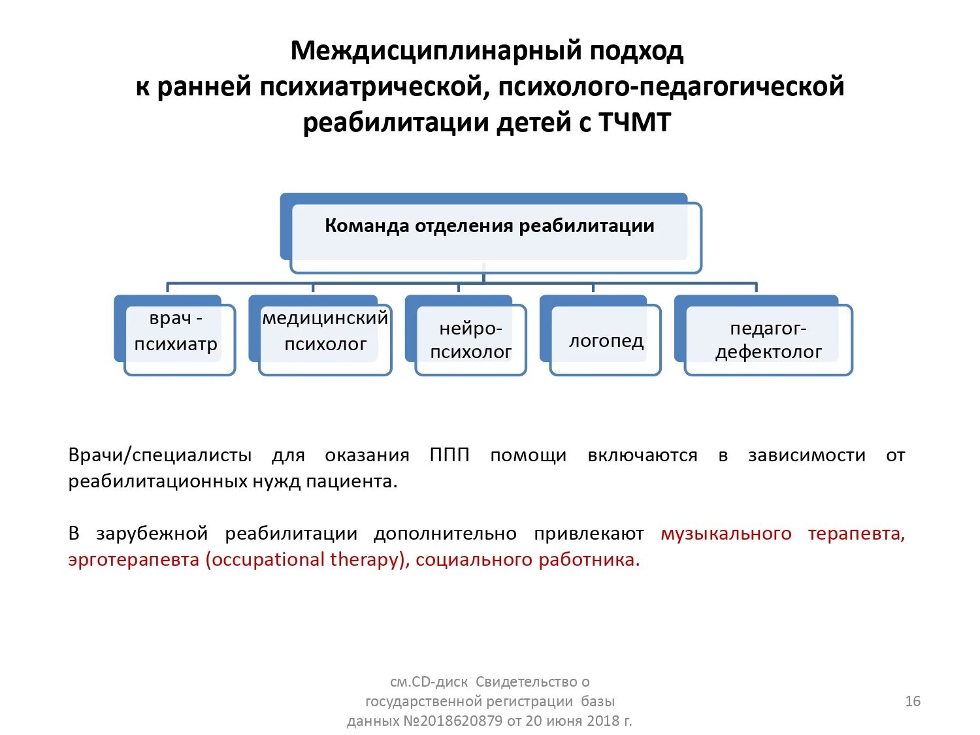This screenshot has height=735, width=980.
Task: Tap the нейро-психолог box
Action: pyautogui.click(x=470, y=340)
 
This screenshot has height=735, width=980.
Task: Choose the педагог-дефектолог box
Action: pyautogui.click(x=768, y=340)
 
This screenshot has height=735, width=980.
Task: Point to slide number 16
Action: pyautogui.click(x=912, y=701)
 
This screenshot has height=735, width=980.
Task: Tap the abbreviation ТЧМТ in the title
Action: pyautogui.click(x=634, y=123)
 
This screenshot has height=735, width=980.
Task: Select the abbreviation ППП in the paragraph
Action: pyautogui.click(x=449, y=455)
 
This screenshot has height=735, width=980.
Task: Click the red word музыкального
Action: pyautogui.click(x=726, y=534)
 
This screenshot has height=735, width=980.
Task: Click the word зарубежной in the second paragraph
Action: pyautogui.click(x=152, y=534)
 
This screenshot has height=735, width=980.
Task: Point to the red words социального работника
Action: pyautogui.click(x=527, y=560)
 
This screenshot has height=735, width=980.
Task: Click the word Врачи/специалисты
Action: pyautogui.click(x=159, y=455)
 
